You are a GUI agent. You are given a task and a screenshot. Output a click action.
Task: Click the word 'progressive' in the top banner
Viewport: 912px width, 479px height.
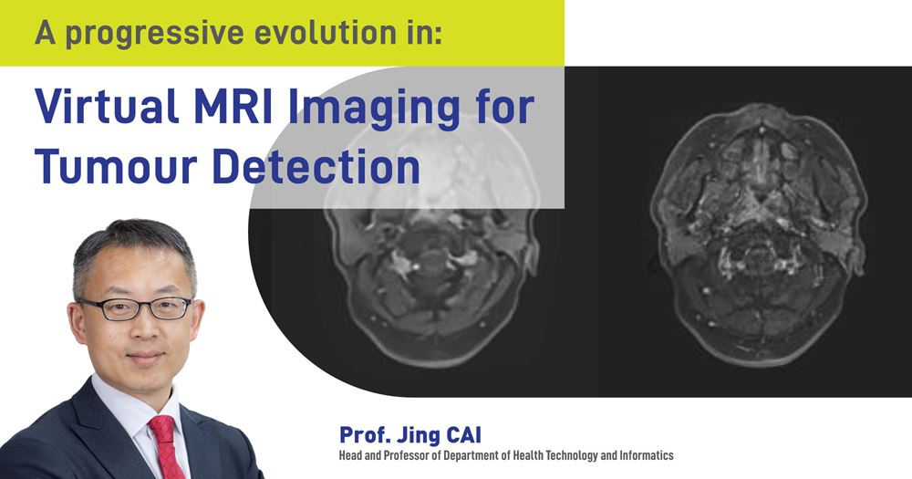click(x=168, y=34)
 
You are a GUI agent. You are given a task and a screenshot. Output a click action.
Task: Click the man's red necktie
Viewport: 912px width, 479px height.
click(x=166, y=446)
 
